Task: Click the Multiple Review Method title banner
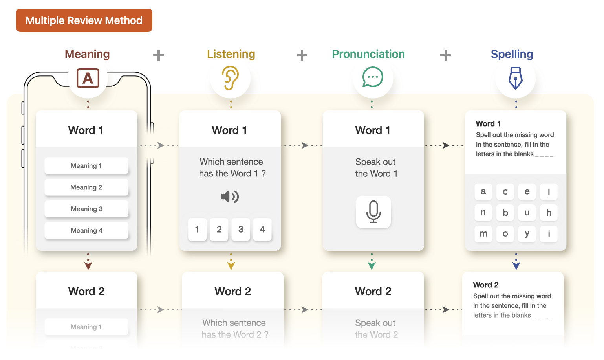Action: [84, 20]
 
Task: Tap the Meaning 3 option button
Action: [86, 209]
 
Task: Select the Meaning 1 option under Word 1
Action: [86, 165]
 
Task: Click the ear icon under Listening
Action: [231, 78]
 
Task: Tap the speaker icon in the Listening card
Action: [230, 197]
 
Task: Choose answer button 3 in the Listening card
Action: [241, 229]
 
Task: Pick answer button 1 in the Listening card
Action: [197, 229]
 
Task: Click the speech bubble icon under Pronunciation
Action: [372, 77]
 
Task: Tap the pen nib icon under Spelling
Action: [515, 78]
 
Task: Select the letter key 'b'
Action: [505, 213]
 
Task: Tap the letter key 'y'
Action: [527, 234]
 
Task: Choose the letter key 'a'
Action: [483, 191]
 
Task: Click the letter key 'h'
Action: [549, 213]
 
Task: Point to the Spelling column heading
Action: [512, 54]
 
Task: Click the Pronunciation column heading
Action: [368, 54]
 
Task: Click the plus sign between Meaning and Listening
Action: [158, 55]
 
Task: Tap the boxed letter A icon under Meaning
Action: [88, 78]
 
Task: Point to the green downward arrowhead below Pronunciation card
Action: [372, 266]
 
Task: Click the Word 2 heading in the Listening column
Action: [232, 291]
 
